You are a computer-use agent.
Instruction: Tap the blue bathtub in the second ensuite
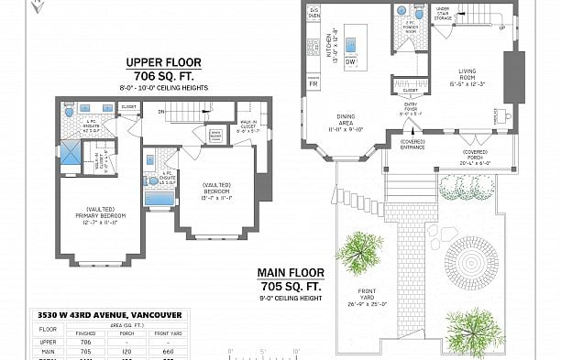click(159, 196)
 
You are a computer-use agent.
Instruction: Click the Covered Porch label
click(475, 155)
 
